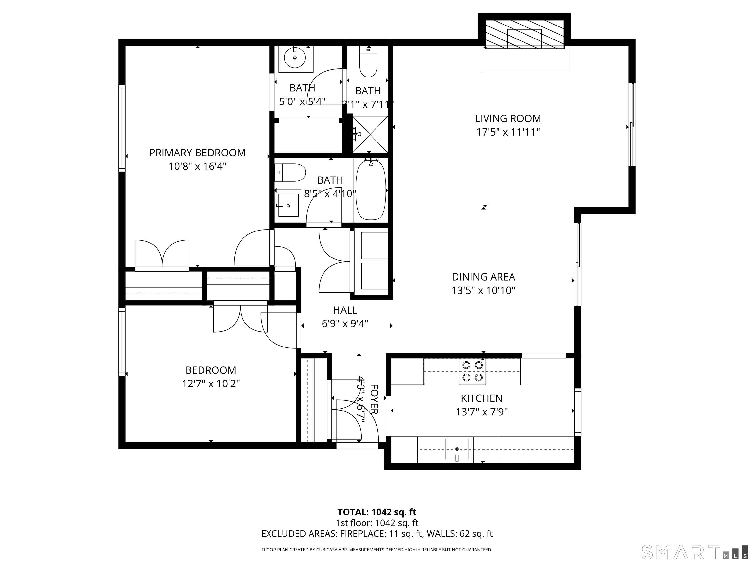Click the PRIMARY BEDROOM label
click(197, 153)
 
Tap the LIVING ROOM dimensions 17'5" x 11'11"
click(508, 132)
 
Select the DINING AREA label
click(483, 277)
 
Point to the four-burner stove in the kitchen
click(472, 371)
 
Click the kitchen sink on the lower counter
click(457, 449)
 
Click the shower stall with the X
click(370, 135)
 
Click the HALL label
click(345, 310)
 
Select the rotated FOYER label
click(374, 399)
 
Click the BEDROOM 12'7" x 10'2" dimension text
click(211, 384)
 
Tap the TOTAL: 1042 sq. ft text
click(377, 512)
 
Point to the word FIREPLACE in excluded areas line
click(363, 534)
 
